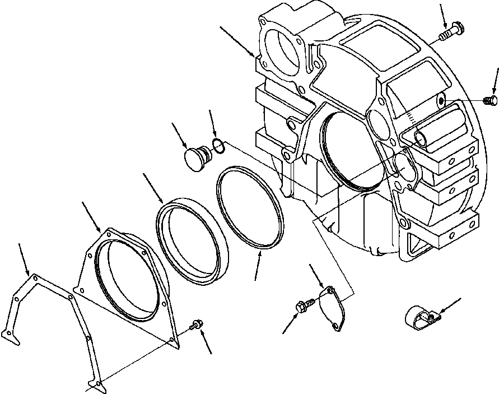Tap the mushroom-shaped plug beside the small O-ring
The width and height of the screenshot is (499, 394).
click(x=196, y=155)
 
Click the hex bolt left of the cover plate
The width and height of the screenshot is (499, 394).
click(x=302, y=306)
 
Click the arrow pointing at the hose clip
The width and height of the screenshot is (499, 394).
click(x=451, y=305)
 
